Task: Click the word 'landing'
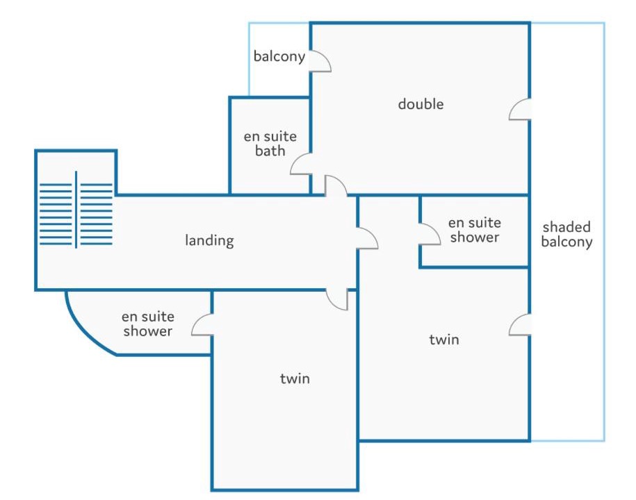[x=209, y=240]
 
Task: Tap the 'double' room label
[x=421, y=104]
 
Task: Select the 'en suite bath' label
[x=270, y=144]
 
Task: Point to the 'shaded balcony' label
[x=566, y=234]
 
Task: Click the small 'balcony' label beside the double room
[x=279, y=56]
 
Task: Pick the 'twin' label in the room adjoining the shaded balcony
[x=444, y=339]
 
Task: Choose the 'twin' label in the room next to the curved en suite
[x=295, y=378]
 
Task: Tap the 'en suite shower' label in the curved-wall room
[x=148, y=324]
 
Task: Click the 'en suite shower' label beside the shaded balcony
[x=475, y=230]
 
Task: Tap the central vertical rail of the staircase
[x=76, y=210]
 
